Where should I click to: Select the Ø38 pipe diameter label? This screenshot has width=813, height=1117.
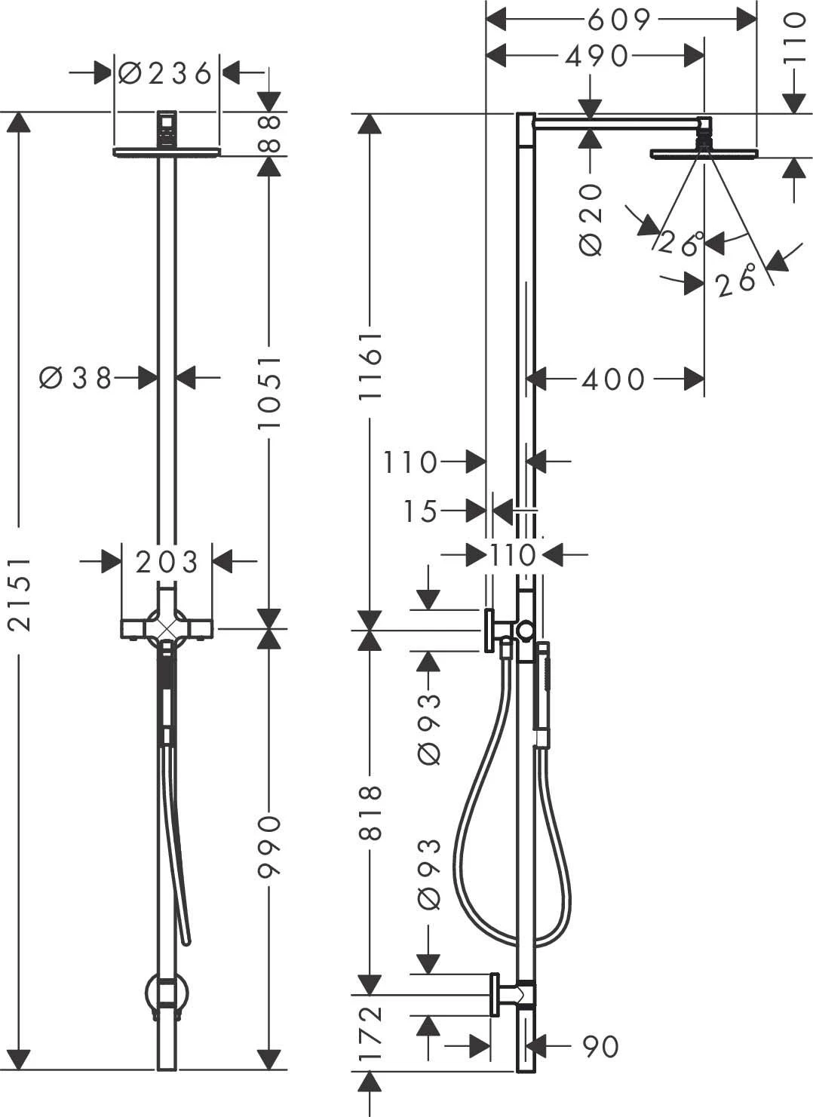tap(75, 377)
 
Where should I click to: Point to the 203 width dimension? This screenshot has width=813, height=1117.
tap(167, 562)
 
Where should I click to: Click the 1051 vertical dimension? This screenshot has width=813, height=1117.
tap(269, 392)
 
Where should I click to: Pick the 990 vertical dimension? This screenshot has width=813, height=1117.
tap(269, 846)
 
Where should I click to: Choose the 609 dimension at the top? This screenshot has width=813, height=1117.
tap(618, 20)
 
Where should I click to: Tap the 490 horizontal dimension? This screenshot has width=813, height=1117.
tap(597, 56)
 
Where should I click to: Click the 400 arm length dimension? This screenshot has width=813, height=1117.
tap(613, 379)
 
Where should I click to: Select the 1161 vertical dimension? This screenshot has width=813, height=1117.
tap(370, 366)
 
